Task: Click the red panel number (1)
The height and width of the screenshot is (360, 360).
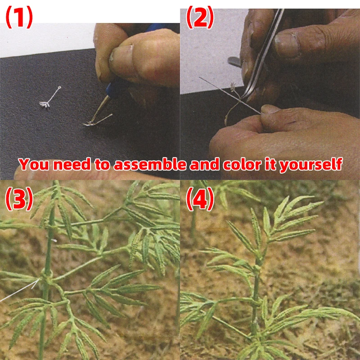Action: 19,17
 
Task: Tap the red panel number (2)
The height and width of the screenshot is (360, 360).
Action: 200,17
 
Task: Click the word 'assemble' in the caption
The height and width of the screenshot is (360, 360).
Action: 150,164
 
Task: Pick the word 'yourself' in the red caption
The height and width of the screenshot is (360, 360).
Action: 310,165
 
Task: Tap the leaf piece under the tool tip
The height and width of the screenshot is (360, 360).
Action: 98,120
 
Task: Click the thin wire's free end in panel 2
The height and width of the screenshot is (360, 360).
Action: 199,77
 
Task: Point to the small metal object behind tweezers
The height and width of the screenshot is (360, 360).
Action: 234,62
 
